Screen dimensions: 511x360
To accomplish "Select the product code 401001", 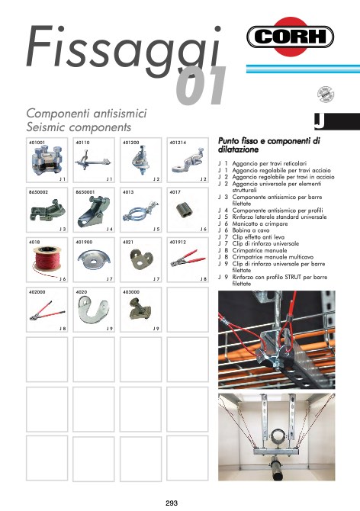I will pyautogui.click(x=37, y=143).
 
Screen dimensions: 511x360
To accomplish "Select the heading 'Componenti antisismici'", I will pyautogui.click(x=86, y=113).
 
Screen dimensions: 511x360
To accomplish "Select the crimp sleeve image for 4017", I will pyautogui.click(x=183, y=211).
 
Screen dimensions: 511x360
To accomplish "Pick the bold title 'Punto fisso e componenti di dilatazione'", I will pyautogui.click(x=268, y=146).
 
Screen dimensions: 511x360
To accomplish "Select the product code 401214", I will pyautogui.click(x=178, y=143).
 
